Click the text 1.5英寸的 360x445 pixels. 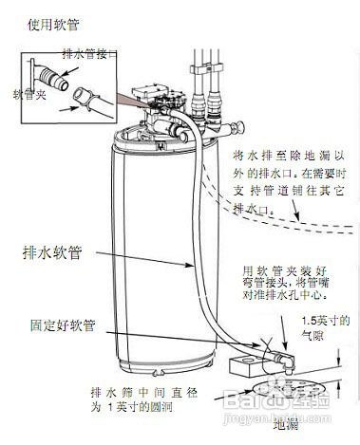click(331, 320)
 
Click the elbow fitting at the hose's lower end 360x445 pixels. click(281, 356)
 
